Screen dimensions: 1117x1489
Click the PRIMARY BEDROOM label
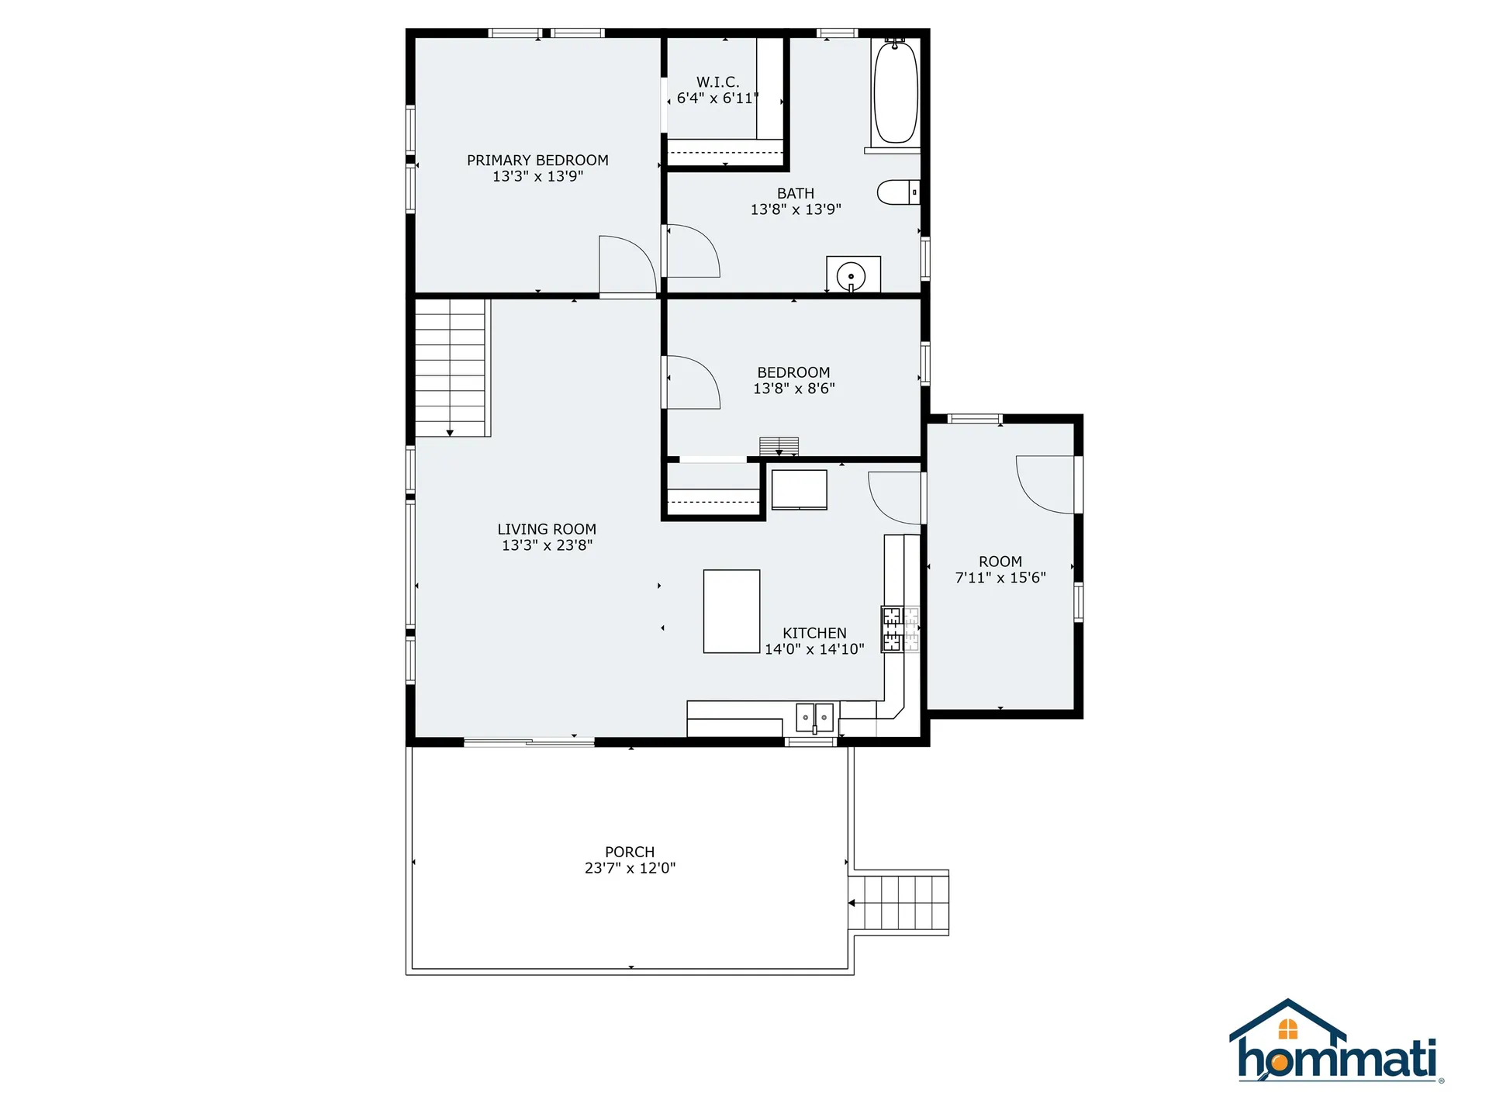537,161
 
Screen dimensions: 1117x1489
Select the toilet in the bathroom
897,192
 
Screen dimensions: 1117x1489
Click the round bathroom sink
852,276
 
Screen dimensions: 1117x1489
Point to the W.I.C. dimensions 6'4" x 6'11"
717,99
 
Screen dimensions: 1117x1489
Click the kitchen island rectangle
731,612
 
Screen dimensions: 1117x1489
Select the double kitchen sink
814,718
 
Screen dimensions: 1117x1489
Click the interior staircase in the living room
450,368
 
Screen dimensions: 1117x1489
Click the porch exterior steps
900,903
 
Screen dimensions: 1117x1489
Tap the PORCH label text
630,852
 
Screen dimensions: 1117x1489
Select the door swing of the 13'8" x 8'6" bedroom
693,382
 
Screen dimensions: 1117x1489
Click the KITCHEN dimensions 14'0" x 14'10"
814,649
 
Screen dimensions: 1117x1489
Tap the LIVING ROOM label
547,529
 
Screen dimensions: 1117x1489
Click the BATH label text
796,193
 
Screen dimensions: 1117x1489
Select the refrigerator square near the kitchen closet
799,489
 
